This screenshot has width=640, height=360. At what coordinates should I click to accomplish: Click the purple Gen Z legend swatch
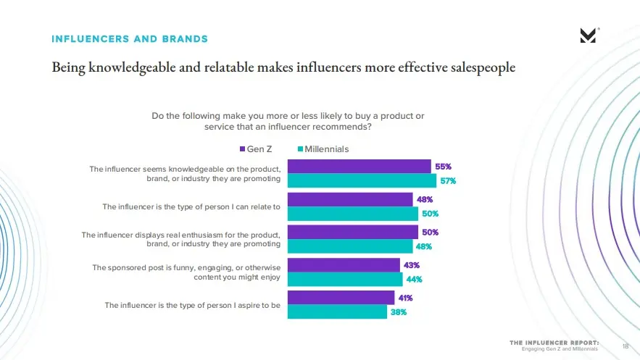coord(243,149)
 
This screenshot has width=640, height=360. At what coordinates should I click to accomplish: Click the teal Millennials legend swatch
coord(299,149)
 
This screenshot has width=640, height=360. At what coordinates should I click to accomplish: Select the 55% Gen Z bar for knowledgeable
coord(359,167)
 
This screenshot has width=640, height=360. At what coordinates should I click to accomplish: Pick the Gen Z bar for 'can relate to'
coord(350,199)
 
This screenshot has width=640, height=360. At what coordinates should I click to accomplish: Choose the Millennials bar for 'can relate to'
coord(353,214)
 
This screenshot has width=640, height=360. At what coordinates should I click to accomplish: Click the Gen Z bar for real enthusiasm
coord(353,232)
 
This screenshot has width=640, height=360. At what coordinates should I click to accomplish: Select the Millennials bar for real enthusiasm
coord(350,246)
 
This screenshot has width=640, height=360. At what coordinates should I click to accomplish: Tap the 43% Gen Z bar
coord(344,265)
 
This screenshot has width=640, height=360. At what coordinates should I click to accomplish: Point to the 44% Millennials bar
coord(345,279)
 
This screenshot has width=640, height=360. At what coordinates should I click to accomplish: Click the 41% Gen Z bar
coord(341,298)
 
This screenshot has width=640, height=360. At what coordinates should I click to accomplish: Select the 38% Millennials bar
coord(337,311)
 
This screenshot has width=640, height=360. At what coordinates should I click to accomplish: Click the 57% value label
coord(447,181)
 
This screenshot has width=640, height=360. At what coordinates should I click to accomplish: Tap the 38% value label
coord(399,312)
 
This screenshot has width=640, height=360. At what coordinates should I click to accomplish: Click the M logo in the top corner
coord(589,35)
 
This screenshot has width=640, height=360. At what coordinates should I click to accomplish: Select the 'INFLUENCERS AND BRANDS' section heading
coord(130,39)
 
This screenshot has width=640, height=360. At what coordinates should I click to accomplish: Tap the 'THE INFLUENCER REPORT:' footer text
coord(554,341)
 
